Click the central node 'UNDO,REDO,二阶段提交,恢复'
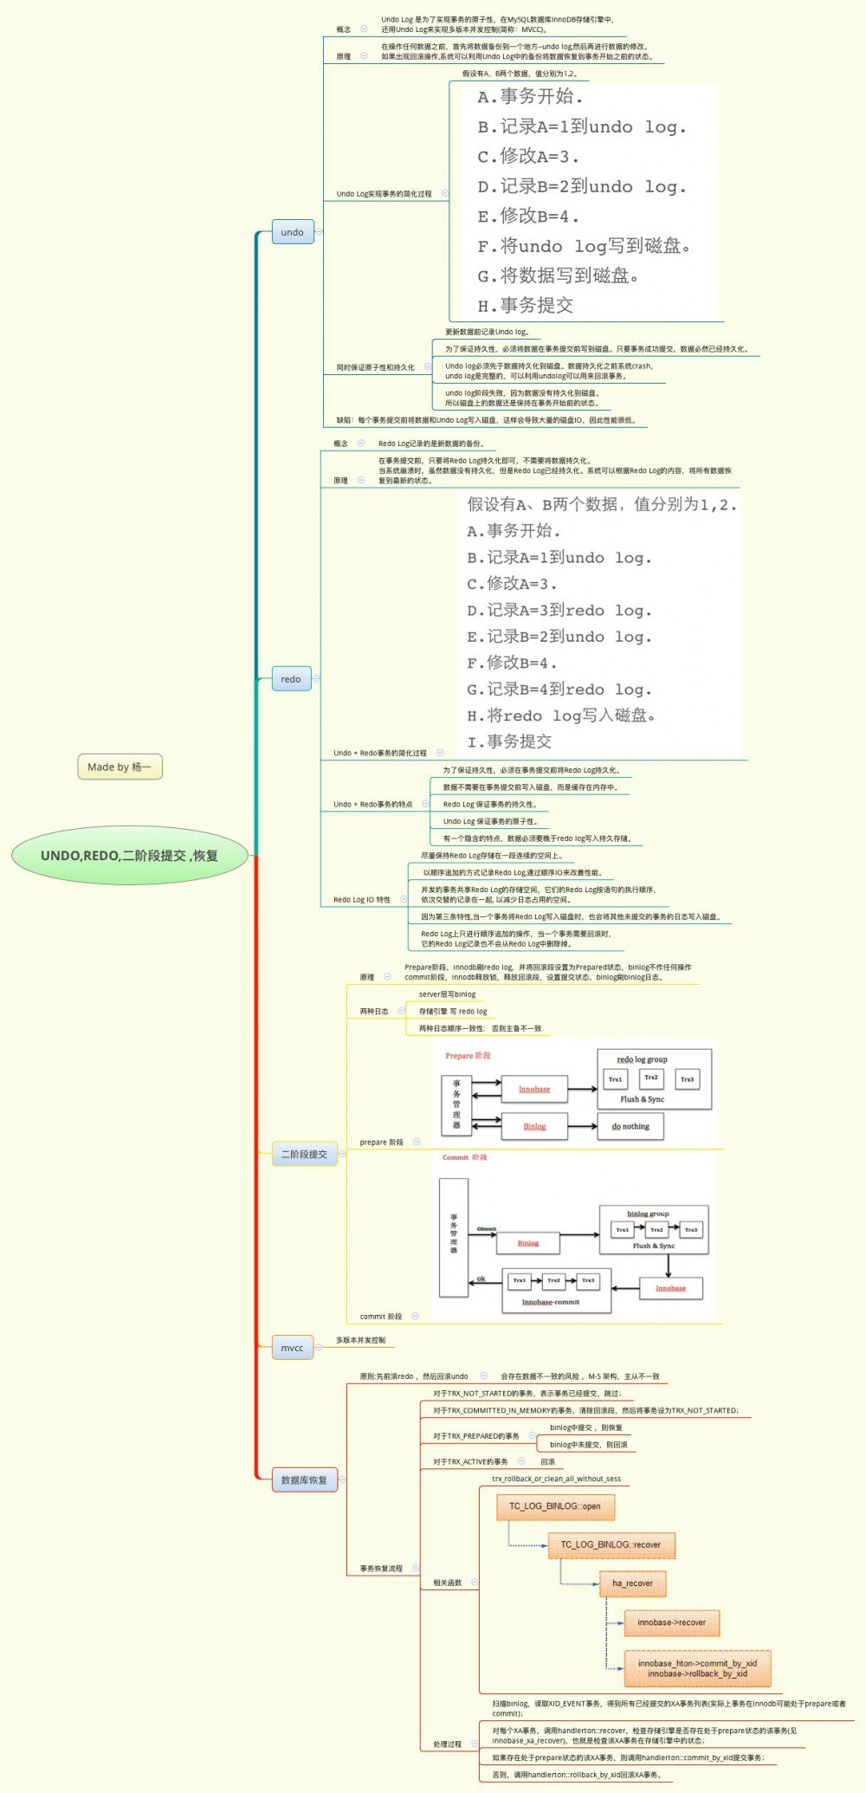click(130, 856)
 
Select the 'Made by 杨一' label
click(120, 767)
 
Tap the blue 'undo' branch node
click(292, 232)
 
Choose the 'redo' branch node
click(291, 679)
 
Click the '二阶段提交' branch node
click(304, 1154)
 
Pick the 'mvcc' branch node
click(292, 1348)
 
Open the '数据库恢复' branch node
click(304, 1480)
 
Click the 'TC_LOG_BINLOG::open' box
click(555, 1506)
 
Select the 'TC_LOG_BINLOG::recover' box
click(611, 1544)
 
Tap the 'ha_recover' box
click(633, 1583)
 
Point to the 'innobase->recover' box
click(672, 1622)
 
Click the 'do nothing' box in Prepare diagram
click(630, 1126)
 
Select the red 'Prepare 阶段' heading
click(468, 1055)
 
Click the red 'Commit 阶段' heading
click(465, 1157)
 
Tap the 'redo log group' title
click(642, 1059)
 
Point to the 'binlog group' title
click(648, 1214)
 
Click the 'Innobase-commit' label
click(551, 1302)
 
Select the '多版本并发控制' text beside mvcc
click(361, 1340)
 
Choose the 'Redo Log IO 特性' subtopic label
click(362, 899)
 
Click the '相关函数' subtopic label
click(448, 1583)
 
